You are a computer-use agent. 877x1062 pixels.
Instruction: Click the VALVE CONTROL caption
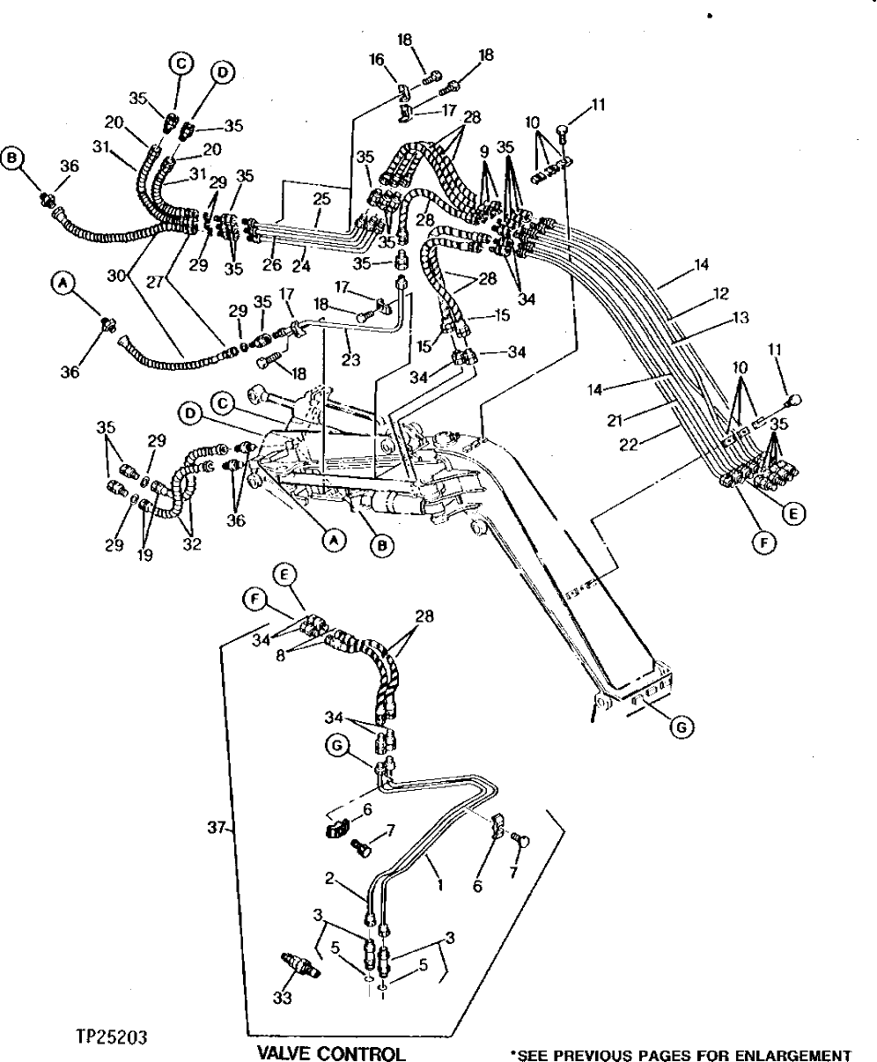pyautogui.click(x=330, y=1053)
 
